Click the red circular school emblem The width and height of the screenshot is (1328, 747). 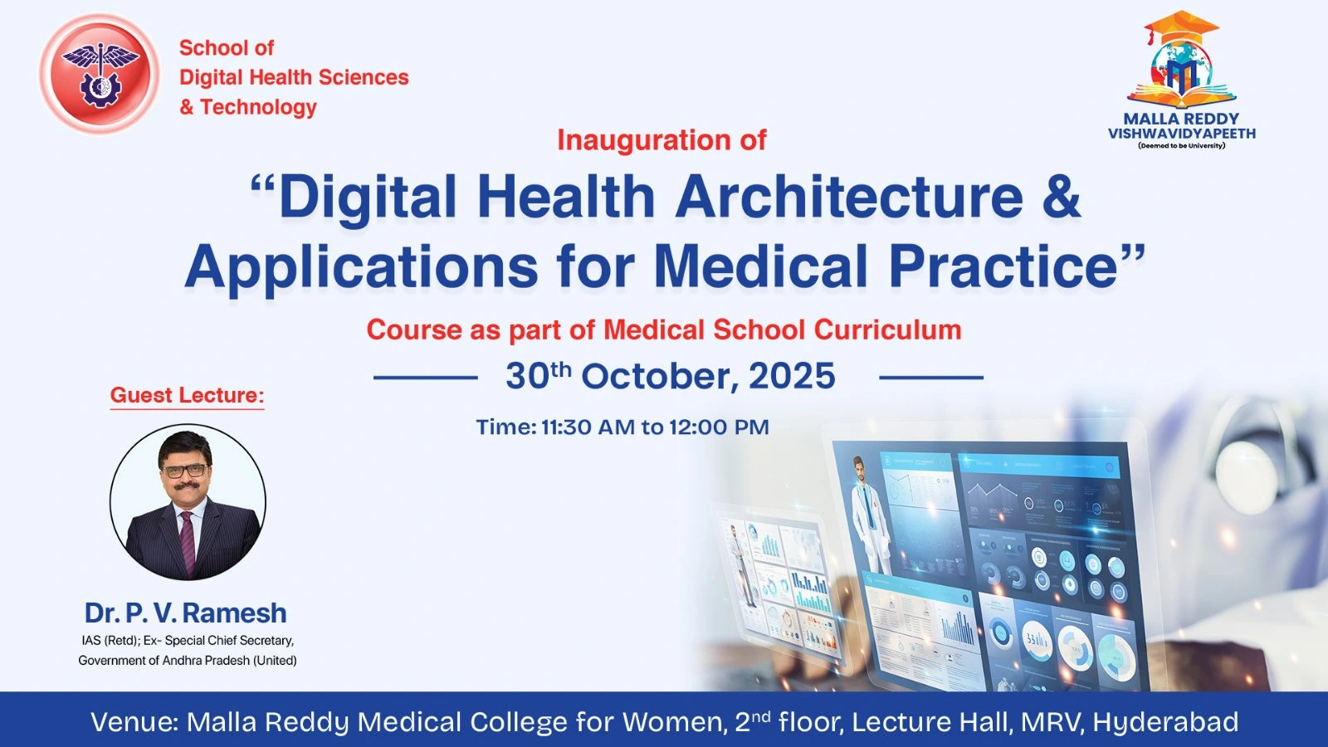pos(100,74)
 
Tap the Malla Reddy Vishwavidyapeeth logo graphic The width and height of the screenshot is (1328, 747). pos(1182,59)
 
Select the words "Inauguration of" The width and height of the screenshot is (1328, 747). pos(662,140)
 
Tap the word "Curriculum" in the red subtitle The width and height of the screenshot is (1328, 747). pos(887,330)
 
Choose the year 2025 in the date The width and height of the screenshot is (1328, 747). pos(792,376)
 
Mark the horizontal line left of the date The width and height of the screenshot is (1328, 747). pos(426,377)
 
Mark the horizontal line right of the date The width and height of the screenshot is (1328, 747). pos(930,377)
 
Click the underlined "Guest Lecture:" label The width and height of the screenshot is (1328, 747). pos(187,395)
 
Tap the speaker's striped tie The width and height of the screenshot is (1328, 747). pos(188,543)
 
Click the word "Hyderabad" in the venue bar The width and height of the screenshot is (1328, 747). pos(1165,722)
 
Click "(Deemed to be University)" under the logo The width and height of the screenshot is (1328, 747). pos(1182,145)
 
